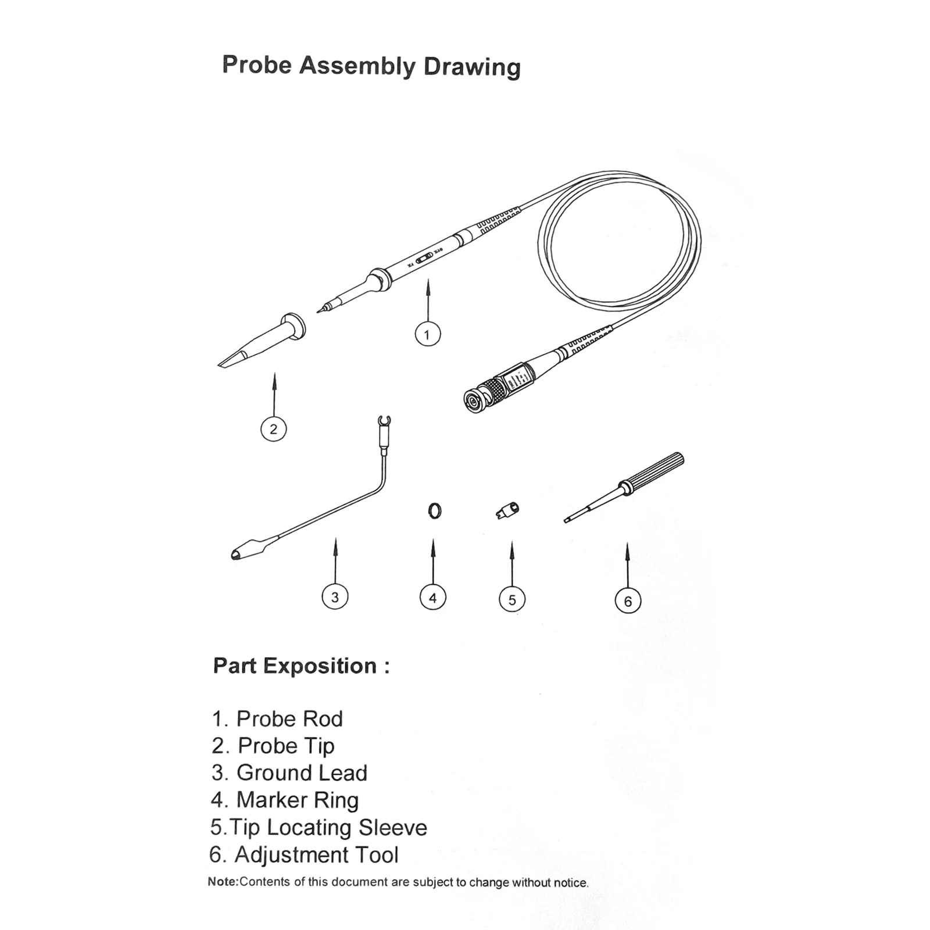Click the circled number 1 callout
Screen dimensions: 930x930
427,334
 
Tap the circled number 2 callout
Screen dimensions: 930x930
273,429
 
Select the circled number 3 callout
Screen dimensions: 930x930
335,597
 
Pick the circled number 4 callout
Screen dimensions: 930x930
432,598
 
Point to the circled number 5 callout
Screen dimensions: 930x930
512,599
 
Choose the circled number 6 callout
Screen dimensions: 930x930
628,601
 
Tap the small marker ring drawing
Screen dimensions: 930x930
434,510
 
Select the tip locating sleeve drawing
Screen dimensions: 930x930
507,510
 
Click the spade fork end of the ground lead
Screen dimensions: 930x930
384,421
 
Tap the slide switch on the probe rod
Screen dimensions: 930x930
425,257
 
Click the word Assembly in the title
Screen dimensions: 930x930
356,66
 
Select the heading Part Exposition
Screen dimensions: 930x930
301,666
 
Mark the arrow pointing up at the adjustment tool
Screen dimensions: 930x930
627,564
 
